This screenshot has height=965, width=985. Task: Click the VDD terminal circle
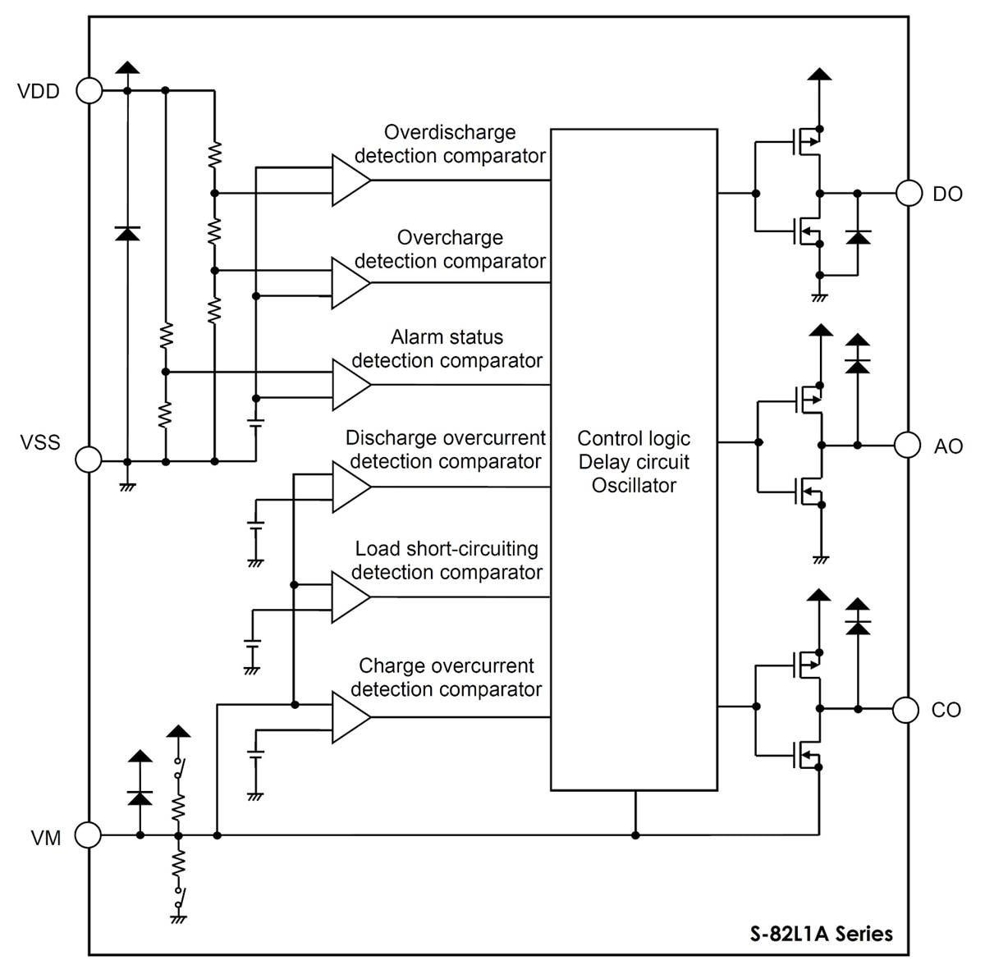(x=89, y=90)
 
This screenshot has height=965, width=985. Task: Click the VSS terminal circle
(x=89, y=460)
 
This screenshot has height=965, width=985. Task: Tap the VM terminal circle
(x=89, y=835)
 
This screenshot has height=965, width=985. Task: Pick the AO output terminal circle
(x=907, y=445)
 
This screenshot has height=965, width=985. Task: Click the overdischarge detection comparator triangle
(x=349, y=180)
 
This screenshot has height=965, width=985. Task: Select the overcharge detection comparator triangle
(x=349, y=283)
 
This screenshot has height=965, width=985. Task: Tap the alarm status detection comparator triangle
(x=349, y=385)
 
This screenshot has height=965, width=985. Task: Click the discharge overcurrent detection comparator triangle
(x=349, y=487)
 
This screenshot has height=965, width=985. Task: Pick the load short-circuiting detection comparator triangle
(x=349, y=597)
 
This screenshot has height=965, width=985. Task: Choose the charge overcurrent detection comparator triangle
(x=349, y=717)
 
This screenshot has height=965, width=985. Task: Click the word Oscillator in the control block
(x=634, y=485)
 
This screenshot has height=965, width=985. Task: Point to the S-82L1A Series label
(x=821, y=933)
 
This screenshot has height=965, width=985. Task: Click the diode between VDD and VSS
(x=126, y=233)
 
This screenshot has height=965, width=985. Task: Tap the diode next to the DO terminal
(x=858, y=237)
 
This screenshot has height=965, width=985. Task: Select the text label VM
(x=46, y=839)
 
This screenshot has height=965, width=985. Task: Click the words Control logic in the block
(x=634, y=438)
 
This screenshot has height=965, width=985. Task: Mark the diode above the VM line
(x=140, y=796)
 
